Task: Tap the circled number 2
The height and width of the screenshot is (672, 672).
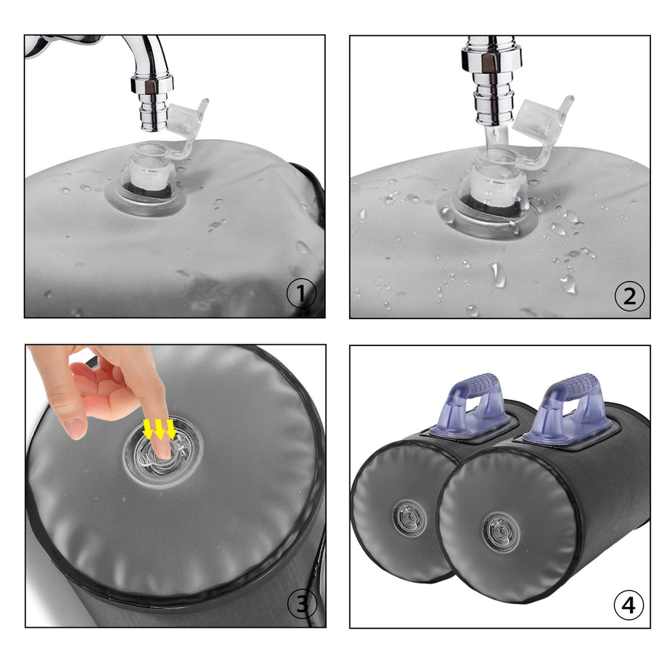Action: click(x=629, y=296)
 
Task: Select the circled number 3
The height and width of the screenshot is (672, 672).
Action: click(x=302, y=604)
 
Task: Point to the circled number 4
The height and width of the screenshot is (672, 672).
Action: click(x=629, y=605)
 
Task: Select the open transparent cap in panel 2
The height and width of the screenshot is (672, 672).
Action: click(x=542, y=124)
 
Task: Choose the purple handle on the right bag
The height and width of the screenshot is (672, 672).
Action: click(x=569, y=407)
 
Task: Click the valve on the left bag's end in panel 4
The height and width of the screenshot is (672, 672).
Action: click(x=409, y=518)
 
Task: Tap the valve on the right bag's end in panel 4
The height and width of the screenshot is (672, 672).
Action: click(x=500, y=532)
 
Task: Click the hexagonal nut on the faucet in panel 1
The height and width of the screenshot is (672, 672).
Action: click(x=152, y=83)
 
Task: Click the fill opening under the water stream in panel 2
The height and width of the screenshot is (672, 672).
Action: click(x=496, y=176)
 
